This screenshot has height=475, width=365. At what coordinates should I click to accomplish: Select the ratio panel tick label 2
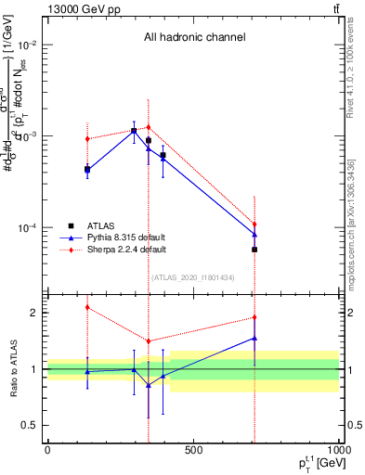[x=35, y=313]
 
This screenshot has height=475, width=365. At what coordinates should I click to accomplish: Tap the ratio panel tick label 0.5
[x=32, y=425]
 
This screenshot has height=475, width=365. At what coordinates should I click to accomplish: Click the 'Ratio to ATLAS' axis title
[x=14, y=368]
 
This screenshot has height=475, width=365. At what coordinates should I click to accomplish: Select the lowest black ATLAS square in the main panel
[x=254, y=250]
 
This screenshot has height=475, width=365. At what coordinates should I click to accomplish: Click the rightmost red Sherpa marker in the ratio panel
[x=254, y=317]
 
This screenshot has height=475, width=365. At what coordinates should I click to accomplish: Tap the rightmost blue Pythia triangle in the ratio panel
[x=254, y=339]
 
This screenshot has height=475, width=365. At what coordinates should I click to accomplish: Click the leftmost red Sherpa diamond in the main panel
[x=87, y=139]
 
